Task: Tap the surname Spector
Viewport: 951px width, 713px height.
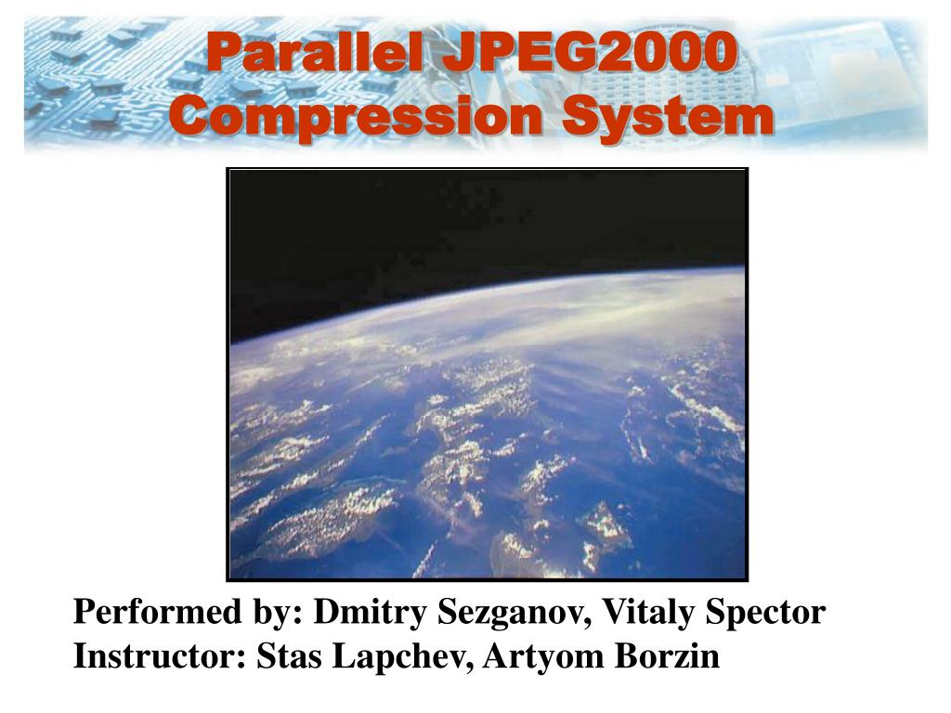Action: point(766,614)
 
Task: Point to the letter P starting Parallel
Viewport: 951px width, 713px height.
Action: point(220,52)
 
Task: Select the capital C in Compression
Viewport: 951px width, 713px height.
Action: point(189,118)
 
